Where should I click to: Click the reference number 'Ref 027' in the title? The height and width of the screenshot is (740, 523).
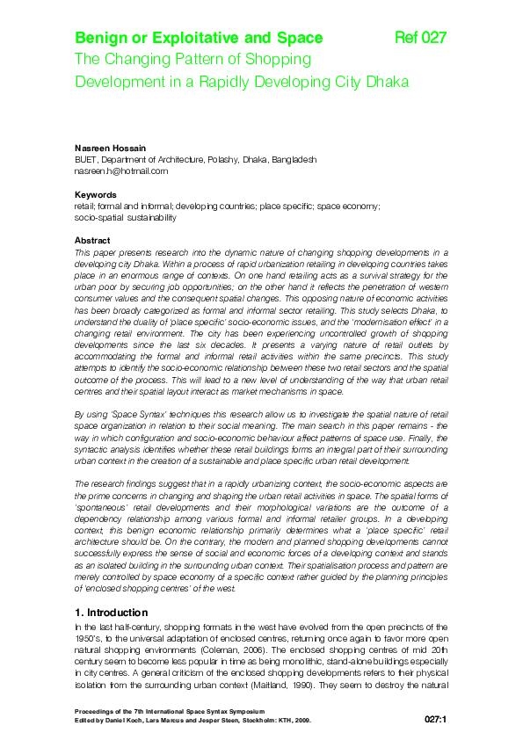pos(421,38)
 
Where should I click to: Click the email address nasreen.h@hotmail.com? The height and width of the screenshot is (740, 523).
pos(120,171)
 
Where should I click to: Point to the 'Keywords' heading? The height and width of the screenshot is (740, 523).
pos(96,194)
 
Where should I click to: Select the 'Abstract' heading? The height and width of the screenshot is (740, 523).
pos(92,240)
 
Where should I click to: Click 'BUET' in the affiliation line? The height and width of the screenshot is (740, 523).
pos(86,160)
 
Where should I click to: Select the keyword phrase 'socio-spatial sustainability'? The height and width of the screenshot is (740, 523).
pos(125,217)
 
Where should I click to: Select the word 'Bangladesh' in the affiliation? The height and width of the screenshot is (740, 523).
pos(295,160)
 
